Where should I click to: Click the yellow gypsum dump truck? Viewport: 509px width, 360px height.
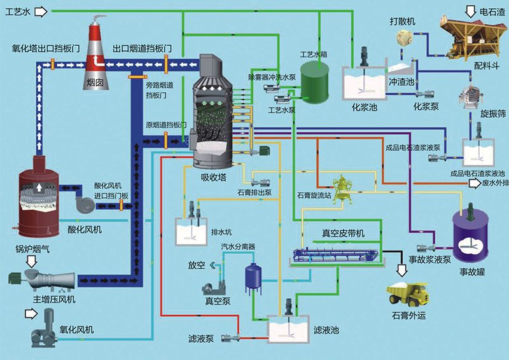pyautogui.click(x=407, y=294)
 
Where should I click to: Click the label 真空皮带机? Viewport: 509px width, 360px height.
pyautogui.click(x=343, y=234)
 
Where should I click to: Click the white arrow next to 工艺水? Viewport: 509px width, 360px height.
pyautogui.click(x=40, y=11)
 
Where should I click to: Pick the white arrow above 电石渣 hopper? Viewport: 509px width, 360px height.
pyautogui.click(x=471, y=10)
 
